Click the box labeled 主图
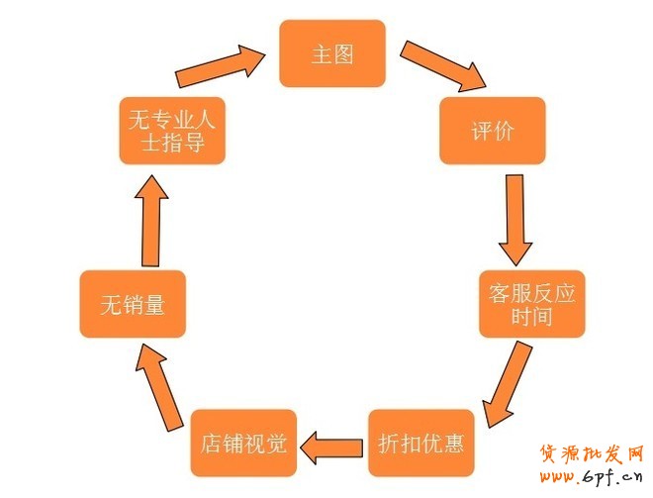331,53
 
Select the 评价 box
492,131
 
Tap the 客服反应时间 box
531,304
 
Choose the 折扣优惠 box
420,443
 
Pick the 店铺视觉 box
242,443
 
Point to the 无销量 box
133,304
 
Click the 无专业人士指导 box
172,131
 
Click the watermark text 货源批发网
591,454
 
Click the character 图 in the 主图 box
343,54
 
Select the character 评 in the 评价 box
480,131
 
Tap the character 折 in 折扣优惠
388,443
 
